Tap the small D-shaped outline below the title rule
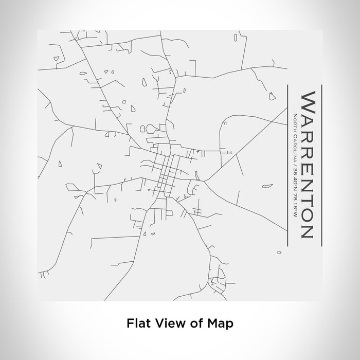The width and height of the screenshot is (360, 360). click(279, 253)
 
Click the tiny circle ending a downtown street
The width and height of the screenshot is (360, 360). click(149, 189)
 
